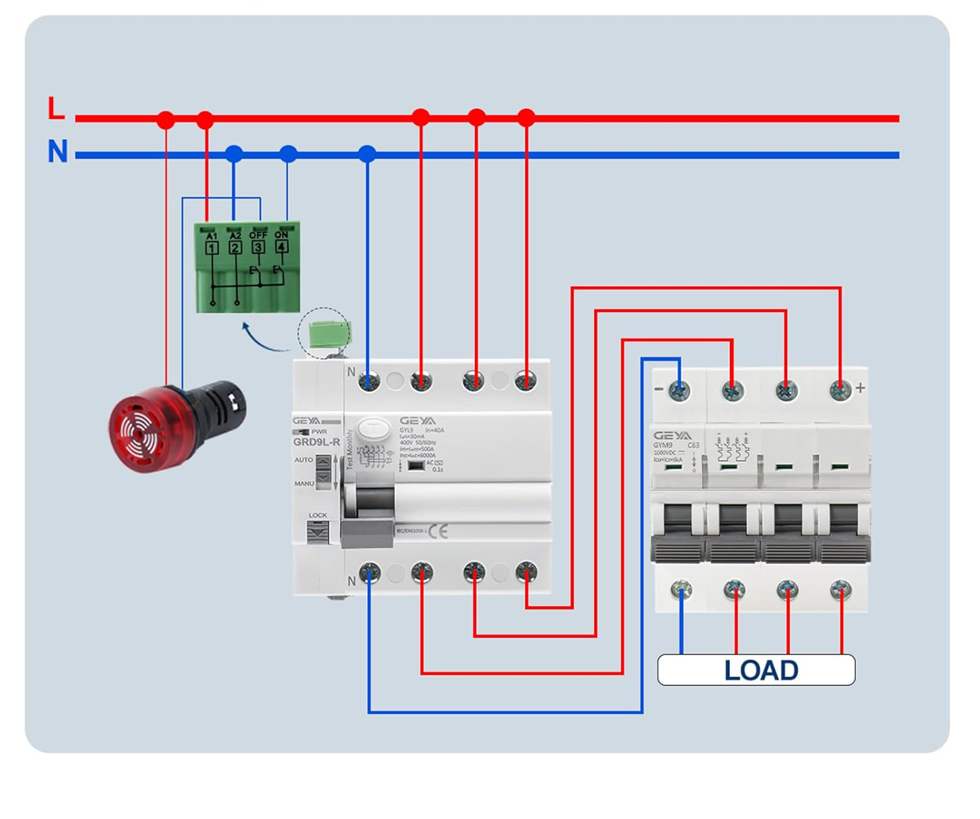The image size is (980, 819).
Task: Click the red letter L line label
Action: [56, 108]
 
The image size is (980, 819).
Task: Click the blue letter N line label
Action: [57, 152]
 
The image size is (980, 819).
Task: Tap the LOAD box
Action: [756, 670]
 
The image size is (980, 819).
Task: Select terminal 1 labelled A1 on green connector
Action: [212, 248]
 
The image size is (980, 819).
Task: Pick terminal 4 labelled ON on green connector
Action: [282, 246]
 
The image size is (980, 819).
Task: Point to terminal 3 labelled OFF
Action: [258, 247]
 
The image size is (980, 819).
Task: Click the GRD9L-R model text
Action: [316, 442]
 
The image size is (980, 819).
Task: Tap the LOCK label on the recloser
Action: [318, 515]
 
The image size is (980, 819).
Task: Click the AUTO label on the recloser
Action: [303, 460]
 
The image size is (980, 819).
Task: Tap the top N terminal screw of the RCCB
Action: [369, 381]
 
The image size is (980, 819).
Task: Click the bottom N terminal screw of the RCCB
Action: [369, 573]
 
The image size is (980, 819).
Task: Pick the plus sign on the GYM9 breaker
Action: [860, 388]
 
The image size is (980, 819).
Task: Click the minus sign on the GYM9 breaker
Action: [659, 389]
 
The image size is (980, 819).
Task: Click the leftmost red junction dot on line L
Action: [166, 120]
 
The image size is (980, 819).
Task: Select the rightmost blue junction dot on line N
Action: [367, 154]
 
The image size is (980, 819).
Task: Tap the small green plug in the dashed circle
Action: [329, 334]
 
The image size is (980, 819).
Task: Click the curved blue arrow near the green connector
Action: [261, 338]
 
